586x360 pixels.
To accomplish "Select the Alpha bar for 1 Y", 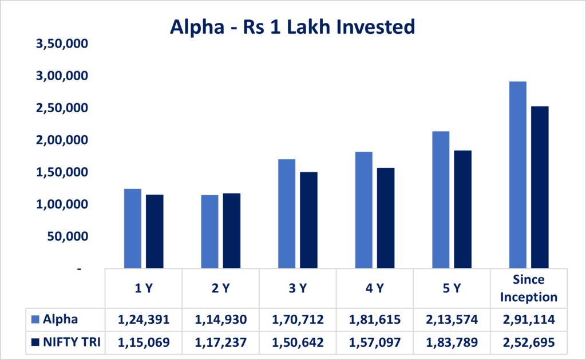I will (132, 228).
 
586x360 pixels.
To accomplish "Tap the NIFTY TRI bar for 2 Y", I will (231, 231).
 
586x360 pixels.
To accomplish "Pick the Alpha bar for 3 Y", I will (286, 213).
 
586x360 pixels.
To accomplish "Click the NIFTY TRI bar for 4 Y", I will (385, 218).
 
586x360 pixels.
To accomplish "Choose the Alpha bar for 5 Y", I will (441, 200).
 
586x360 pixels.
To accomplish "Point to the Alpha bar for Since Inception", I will (517, 175).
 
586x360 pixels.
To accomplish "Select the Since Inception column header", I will (528, 288).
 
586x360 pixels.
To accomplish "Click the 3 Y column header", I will (298, 288).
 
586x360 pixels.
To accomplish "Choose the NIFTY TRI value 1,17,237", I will (221, 342).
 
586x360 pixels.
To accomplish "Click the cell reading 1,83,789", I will (452, 342).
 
